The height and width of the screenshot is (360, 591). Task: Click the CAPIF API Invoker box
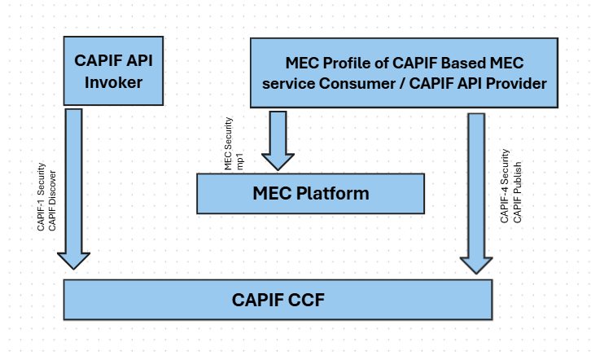tap(107, 72)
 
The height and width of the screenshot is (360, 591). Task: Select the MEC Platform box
tap(310, 194)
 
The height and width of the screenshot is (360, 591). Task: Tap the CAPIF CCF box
tap(278, 299)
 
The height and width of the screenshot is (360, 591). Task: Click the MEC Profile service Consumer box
tap(404, 73)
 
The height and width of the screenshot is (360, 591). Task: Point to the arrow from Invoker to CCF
tap(73, 187)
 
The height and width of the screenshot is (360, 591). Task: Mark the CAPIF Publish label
tap(516, 187)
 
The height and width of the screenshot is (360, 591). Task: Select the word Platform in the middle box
tap(334, 194)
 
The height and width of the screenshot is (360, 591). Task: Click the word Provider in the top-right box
tap(516, 83)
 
